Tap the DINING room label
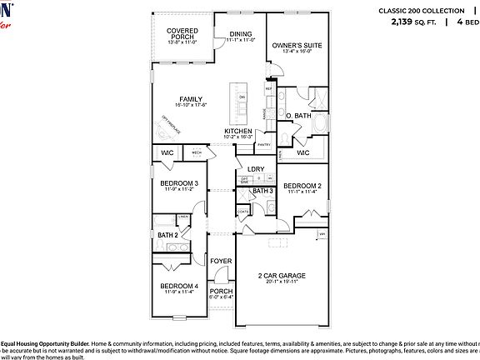(239, 34)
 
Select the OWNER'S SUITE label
(296, 45)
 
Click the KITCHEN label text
(237, 132)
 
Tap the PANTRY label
(264, 145)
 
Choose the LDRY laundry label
(256, 169)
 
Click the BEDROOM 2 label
(302, 186)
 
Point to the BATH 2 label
(167, 235)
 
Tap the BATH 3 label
(263, 192)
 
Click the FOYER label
(221, 262)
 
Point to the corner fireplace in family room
(167, 127)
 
